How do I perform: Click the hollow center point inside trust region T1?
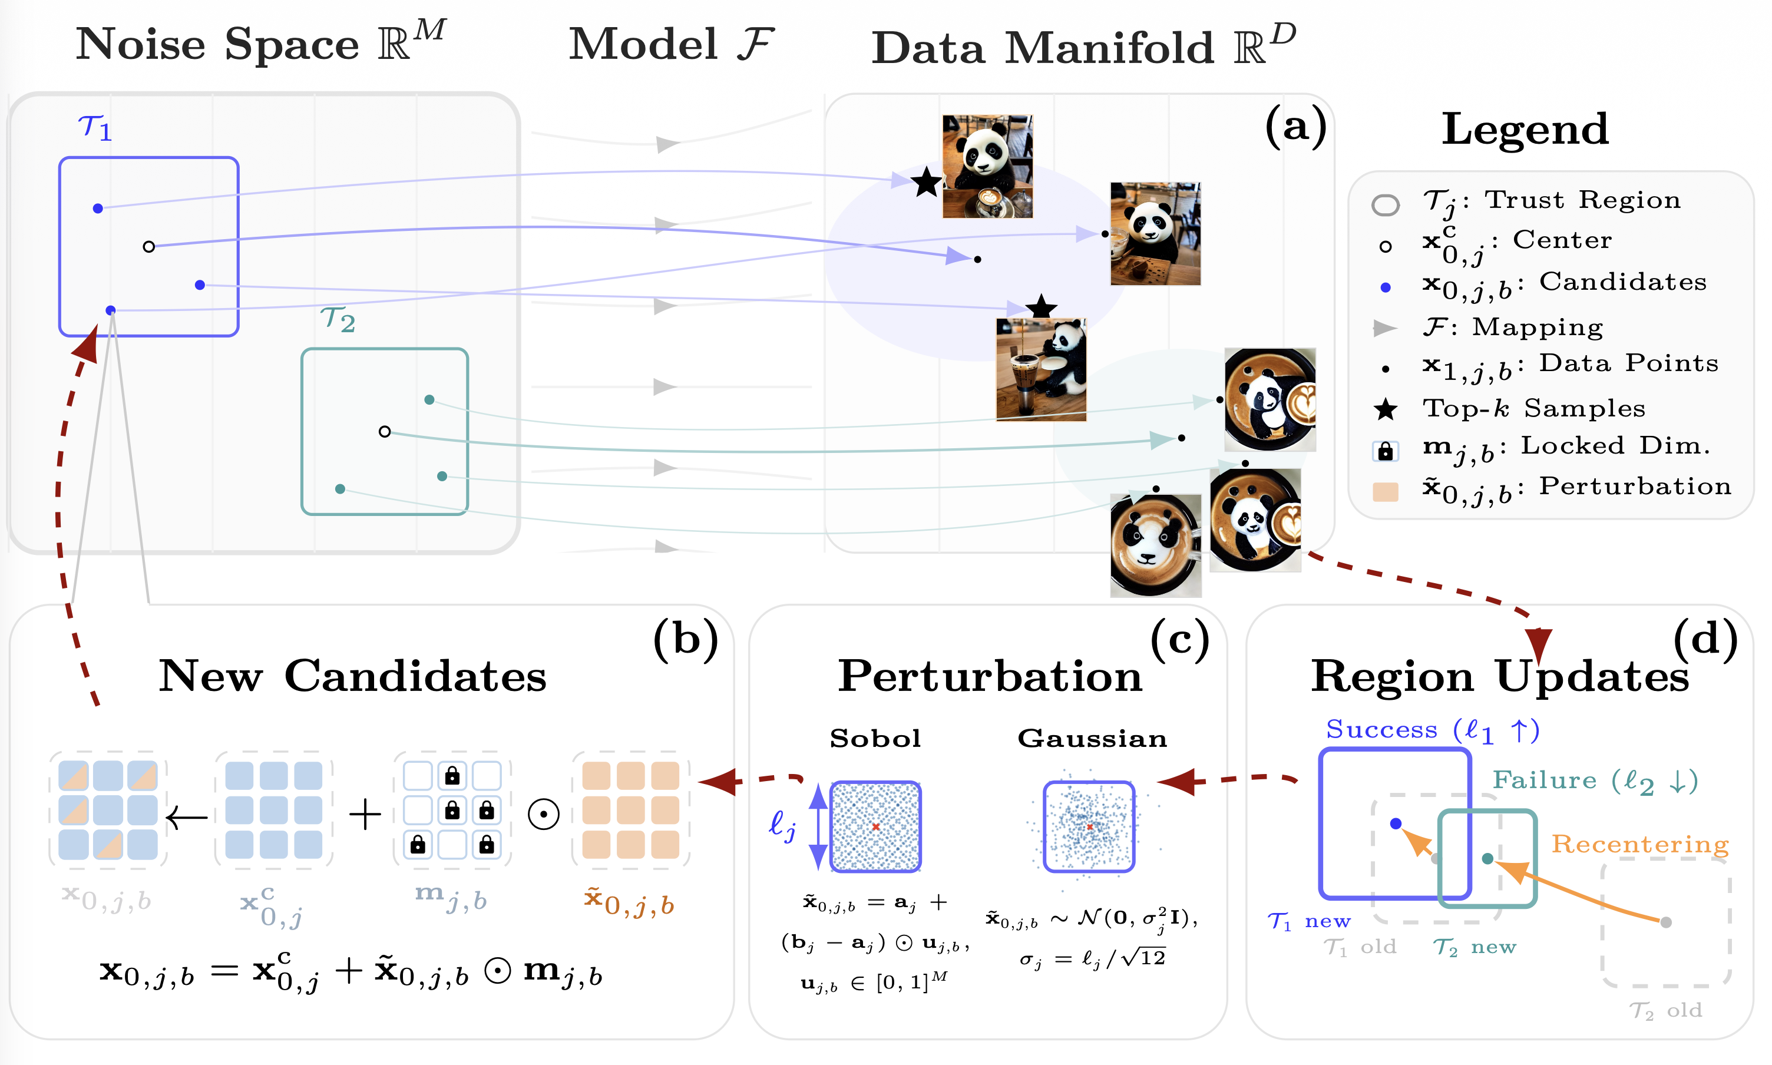[148, 247]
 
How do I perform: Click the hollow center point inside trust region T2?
[385, 431]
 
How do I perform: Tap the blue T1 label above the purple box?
[95, 128]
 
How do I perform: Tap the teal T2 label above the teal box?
[338, 319]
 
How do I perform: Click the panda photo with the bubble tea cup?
[1041, 369]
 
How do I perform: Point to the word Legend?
[1525, 129]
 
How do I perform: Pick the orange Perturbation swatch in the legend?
[1385, 492]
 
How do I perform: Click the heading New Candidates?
[352, 676]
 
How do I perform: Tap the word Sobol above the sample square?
[875, 739]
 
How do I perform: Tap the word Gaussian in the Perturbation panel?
[1092, 739]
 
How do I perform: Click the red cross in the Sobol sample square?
[875, 827]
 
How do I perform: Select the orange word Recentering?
[1640, 845]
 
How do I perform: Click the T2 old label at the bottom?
[1665, 1010]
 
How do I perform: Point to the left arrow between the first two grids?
[187, 816]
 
